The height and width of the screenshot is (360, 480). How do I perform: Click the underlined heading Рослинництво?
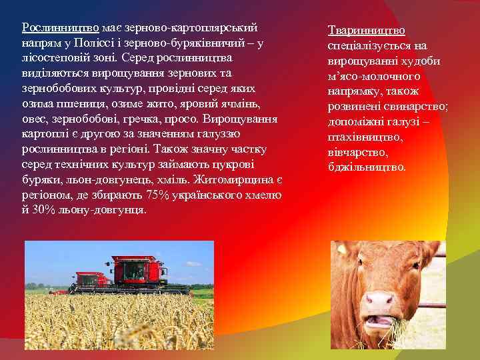60,28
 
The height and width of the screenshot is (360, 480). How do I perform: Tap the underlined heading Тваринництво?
366,31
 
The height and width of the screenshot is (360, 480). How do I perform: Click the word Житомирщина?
239,180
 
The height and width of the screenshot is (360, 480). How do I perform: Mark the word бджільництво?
367,167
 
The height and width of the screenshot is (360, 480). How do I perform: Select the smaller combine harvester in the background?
90,280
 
